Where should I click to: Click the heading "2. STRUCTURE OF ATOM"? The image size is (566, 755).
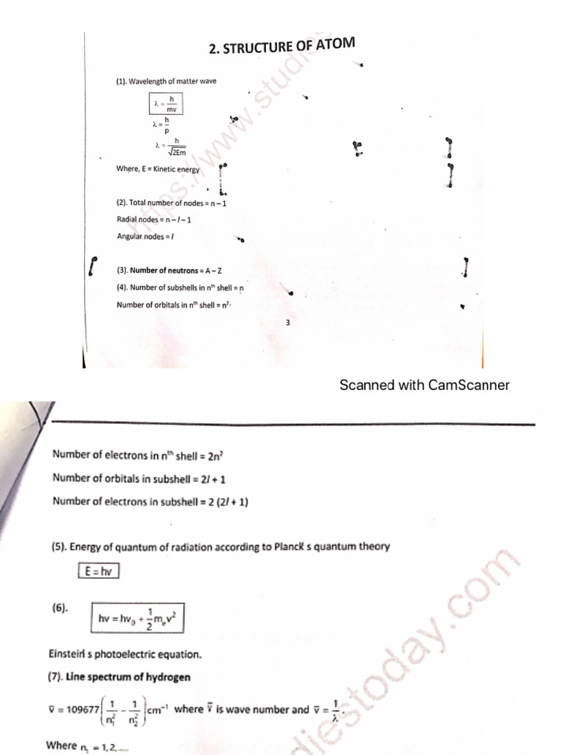pos(282,47)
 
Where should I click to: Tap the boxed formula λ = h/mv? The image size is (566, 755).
pos(166,103)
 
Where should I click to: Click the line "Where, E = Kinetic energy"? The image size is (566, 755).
pos(158,169)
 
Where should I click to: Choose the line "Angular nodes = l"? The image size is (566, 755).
pos(145,237)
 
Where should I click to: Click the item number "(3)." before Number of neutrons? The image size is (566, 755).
pos(122,270)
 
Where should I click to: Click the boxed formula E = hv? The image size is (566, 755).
pos(98,571)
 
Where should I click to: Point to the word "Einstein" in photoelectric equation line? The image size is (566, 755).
pos(69,654)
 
